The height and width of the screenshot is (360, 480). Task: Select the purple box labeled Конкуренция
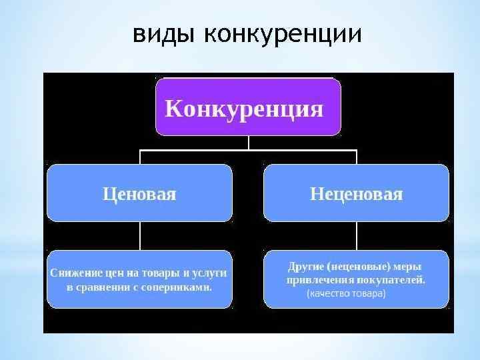tap(248, 107)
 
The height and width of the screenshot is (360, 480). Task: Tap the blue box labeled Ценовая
tap(139, 193)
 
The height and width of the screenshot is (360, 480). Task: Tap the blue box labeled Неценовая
tap(356, 193)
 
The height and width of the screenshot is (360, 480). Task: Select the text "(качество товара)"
tap(346, 293)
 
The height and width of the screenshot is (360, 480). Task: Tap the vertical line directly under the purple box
tap(248, 142)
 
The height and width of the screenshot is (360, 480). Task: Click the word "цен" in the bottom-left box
tap(115, 273)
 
